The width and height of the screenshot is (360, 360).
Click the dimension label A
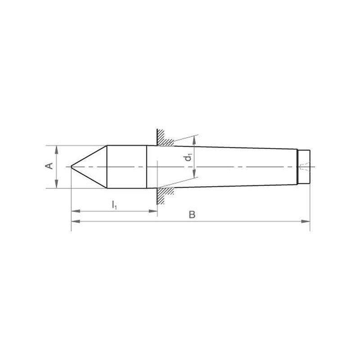[50, 166]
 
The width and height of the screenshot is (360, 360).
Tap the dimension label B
[192, 215]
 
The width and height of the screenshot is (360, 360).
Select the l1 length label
[114, 205]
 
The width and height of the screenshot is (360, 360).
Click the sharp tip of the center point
[72, 166]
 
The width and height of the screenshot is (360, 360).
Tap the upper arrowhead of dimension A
[57, 150]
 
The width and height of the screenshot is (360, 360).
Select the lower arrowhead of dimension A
[57, 184]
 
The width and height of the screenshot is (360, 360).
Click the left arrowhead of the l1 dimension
[76, 211]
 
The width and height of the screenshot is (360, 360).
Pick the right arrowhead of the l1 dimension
[153, 211]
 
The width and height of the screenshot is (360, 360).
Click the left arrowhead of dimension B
[76, 221]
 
